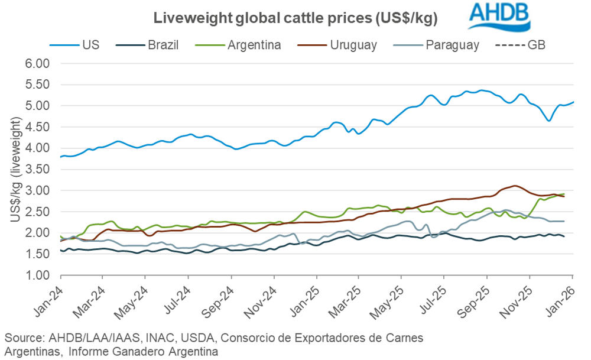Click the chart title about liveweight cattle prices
click(x=295, y=18)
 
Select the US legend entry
click(x=79, y=45)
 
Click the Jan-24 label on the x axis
click(x=50, y=299)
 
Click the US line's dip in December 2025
click(x=549, y=121)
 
